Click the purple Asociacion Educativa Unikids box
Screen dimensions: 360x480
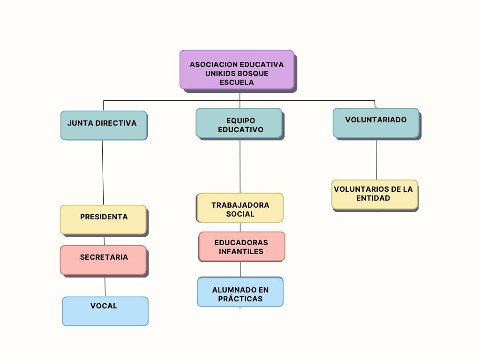pyautogui.click(x=237, y=69)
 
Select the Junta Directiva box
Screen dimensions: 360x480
pyautogui.click(x=104, y=125)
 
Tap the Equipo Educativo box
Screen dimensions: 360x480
pyautogui.click(x=239, y=123)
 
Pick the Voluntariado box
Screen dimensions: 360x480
pyautogui.click(x=376, y=123)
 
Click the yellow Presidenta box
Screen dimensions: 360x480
pyautogui.click(x=103, y=219)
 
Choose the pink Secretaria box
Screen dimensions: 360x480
pyautogui.click(x=103, y=260)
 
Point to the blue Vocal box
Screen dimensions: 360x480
pyautogui.click(x=105, y=311)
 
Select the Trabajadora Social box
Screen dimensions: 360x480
pyautogui.click(x=240, y=208)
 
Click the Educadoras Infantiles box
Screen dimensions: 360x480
pyautogui.click(x=241, y=247)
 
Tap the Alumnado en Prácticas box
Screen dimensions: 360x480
pyautogui.click(x=240, y=292)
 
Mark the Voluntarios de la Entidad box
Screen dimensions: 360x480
pyautogui.click(x=374, y=194)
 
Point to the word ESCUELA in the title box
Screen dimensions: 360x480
pyautogui.click(x=237, y=82)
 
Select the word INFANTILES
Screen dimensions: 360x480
pyautogui.click(x=241, y=252)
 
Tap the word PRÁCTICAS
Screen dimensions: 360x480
pyautogui.click(x=240, y=299)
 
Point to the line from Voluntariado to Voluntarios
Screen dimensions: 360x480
pyautogui.click(x=376, y=159)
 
